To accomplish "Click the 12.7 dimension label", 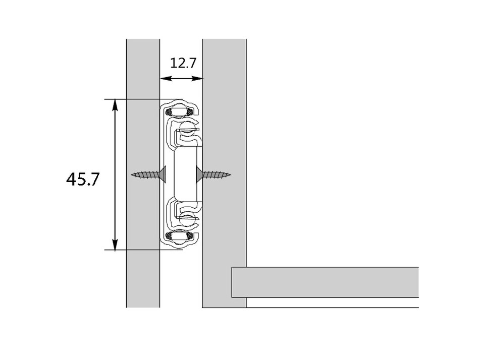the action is click(183, 63).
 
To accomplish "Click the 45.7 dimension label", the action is click(83, 179).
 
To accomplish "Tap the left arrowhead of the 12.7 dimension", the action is click(166, 79).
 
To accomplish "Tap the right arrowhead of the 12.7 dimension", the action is click(197, 79).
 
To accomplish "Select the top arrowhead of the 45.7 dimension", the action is click(115, 104).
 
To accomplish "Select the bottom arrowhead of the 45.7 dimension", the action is click(115, 245).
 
